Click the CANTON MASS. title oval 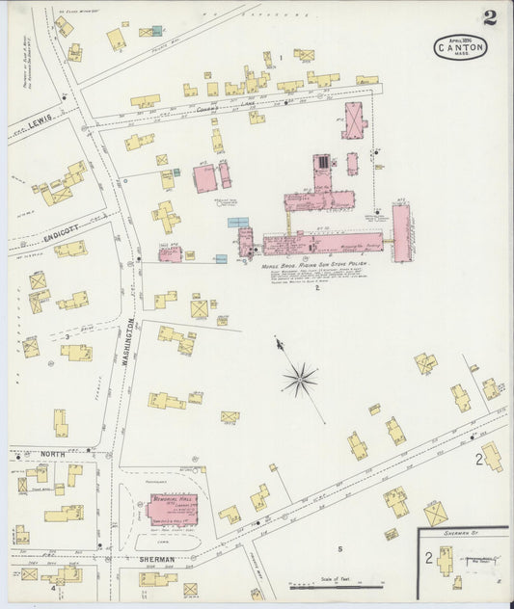[x=460, y=47]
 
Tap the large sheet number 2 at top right [x=490, y=16]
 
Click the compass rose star [x=300, y=379]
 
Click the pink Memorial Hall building [x=174, y=508]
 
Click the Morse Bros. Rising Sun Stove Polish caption [x=314, y=263]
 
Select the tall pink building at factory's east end [x=400, y=232]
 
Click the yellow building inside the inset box [x=445, y=560]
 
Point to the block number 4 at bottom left [x=53, y=589]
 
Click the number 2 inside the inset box [x=428, y=558]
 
